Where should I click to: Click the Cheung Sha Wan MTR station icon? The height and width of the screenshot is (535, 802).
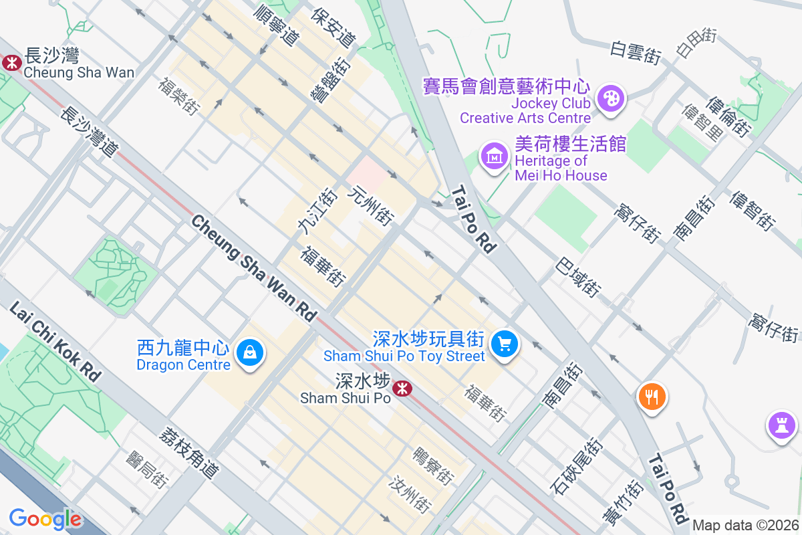coord(11,63)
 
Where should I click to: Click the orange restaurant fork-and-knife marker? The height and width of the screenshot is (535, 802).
coord(652,397)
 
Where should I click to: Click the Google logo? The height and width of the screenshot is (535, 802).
coord(45,519)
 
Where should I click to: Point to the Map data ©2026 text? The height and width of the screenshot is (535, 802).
coord(745,525)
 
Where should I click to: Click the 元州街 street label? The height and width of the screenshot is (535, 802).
coord(371,205)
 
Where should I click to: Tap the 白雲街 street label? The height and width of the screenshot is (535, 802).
coord(636,52)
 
